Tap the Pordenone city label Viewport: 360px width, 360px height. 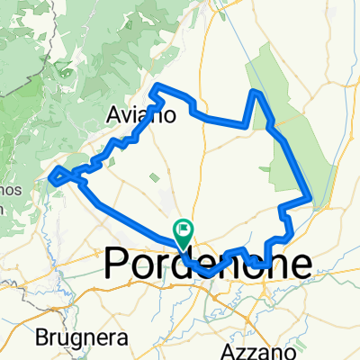210,264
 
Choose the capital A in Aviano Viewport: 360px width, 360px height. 115,115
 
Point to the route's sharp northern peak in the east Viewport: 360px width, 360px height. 257,92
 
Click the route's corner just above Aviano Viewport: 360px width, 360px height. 160,85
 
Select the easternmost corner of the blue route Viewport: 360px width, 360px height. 311,197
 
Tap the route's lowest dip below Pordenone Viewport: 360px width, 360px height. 208,273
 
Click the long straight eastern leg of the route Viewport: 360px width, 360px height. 297,167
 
